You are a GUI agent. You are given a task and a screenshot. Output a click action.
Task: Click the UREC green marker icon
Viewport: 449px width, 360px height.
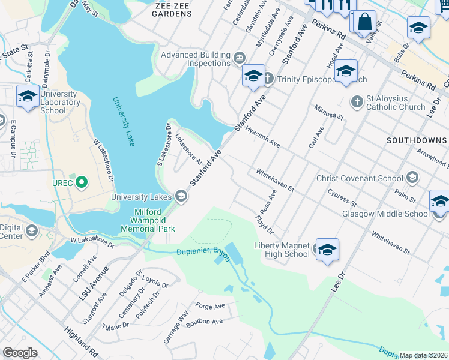[x=82, y=182]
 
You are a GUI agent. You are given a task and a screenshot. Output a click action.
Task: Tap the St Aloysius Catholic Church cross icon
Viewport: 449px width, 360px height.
[x=357, y=100]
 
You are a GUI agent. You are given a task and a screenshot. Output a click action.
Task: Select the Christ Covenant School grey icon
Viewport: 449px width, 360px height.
[x=412, y=178]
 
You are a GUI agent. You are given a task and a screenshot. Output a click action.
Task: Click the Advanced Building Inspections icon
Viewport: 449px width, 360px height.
[x=240, y=58]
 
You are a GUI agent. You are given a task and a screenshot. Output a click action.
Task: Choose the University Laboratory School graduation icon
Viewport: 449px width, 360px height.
[x=28, y=96]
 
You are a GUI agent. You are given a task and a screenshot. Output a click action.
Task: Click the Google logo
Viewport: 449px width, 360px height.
[x=20, y=352]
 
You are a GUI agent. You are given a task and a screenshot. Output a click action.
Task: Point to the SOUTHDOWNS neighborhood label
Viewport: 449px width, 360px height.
[x=417, y=140]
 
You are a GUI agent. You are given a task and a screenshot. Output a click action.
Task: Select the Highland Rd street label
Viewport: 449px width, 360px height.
[x=82, y=339]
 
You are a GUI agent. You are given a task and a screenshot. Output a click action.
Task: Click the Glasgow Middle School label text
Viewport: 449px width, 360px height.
[x=385, y=214]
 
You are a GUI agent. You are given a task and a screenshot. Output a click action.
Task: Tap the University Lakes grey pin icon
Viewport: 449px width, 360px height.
[x=181, y=196]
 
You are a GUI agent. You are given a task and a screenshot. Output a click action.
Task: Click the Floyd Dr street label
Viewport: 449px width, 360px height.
[x=264, y=226]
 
